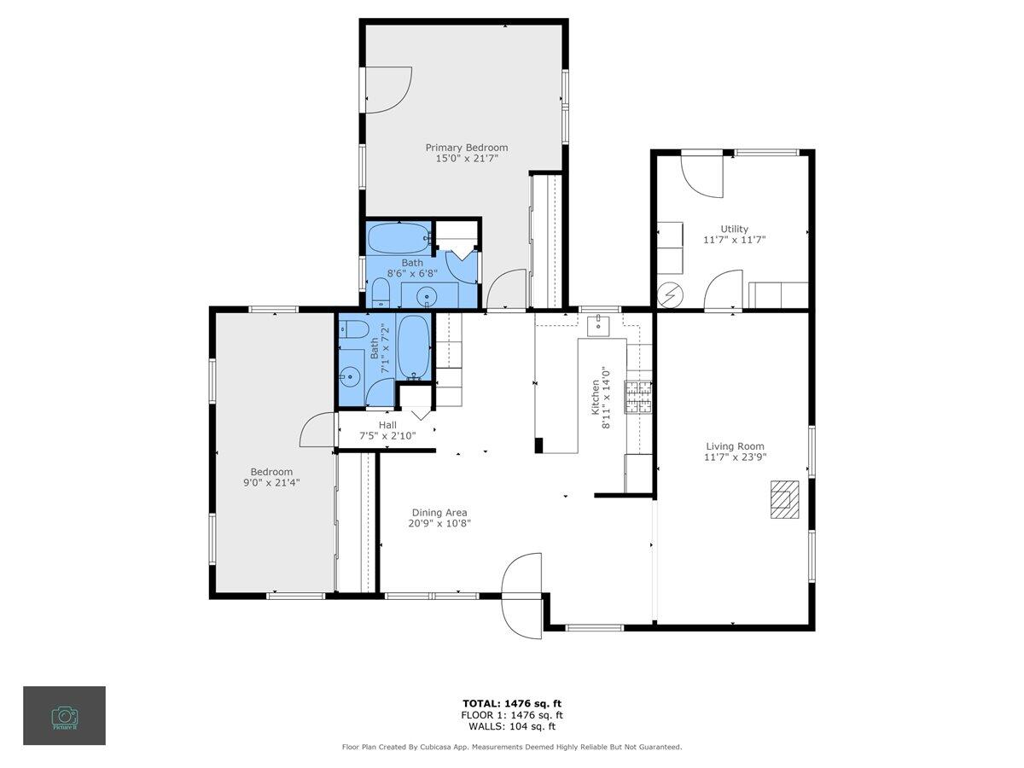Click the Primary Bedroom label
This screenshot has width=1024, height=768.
coord(466,148)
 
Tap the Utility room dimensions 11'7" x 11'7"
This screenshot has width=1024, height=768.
coord(735,240)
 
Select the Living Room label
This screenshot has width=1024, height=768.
coord(735,446)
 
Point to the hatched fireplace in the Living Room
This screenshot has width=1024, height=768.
coord(784,499)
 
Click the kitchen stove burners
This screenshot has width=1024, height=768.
coord(638,397)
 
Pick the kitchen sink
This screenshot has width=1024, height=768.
coord(599,325)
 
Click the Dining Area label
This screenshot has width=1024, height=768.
coord(439,513)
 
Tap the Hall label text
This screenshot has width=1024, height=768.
coord(387,425)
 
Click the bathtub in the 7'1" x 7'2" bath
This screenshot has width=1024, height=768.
coord(413,347)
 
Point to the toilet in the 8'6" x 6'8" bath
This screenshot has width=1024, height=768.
coord(381,293)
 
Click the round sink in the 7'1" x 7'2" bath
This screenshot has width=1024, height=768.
coord(348,375)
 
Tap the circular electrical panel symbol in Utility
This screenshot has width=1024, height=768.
coord(670,294)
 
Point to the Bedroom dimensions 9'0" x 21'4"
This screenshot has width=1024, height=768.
coord(271,482)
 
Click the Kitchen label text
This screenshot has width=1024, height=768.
coord(596,397)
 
